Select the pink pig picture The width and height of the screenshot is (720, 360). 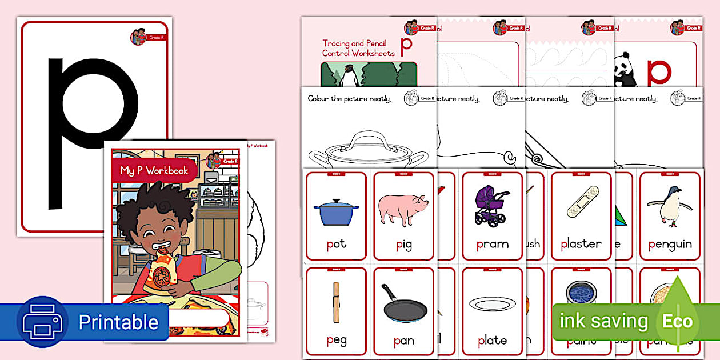pyautogui.click(x=403, y=209)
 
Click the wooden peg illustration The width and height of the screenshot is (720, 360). pyautogui.click(x=337, y=302)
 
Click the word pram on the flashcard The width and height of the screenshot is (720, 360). pyautogui.click(x=492, y=244)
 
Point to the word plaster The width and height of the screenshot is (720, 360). pyautogui.click(x=581, y=244)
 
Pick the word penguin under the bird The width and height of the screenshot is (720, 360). pyautogui.click(x=670, y=244)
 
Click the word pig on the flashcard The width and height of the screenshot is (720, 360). pyautogui.click(x=403, y=245)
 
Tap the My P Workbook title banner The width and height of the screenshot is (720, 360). pyautogui.click(x=154, y=170)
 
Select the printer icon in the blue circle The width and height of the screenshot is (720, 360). pyautogui.click(x=42, y=322)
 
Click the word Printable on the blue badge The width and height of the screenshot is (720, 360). pyautogui.click(x=118, y=322)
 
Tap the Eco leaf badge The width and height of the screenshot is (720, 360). pyautogui.click(x=678, y=320)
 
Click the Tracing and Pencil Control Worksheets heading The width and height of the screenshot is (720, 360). pyautogui.click(x=358, y=48)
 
